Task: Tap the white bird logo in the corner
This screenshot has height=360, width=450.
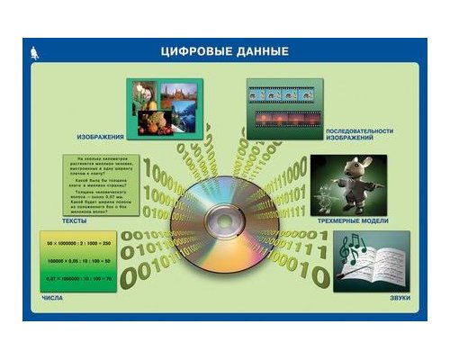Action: [x=34, y=52]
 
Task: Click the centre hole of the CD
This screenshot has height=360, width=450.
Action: [x=224, y=220]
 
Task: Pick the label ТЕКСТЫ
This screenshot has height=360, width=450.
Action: [x=75, y=220]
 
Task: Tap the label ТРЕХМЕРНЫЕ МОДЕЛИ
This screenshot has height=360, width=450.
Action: [x=356, y=219]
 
